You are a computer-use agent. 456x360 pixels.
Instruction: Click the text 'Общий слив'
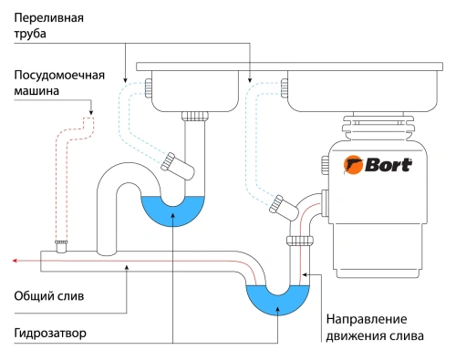tap(45, 296)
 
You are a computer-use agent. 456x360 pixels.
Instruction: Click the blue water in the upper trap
tap(174, 212)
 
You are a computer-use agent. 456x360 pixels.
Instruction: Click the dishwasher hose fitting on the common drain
tap(61, 245)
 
